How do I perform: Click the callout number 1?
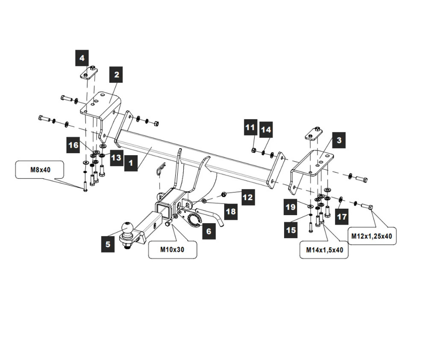pos(131,163)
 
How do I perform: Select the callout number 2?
pos(116,75)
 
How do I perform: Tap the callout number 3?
pos(338,140)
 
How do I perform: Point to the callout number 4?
pos(82,58)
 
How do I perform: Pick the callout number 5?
pos(108,244)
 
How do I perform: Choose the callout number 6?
pos(209,231)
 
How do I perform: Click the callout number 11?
pos(250,127)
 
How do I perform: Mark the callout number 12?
pos(247,197)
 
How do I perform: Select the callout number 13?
pos(116,158)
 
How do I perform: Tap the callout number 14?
pos(266,129)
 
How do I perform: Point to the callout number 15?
pos(291,230)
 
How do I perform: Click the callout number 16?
pos(73,145)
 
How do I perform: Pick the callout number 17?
pos(342,217)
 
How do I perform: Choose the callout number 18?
pos(231,211)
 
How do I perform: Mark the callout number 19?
pos(291,207)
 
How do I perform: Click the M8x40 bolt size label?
pos(40,170)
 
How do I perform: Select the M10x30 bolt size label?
pos(172,250)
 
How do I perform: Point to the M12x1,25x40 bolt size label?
pos(372,236)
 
